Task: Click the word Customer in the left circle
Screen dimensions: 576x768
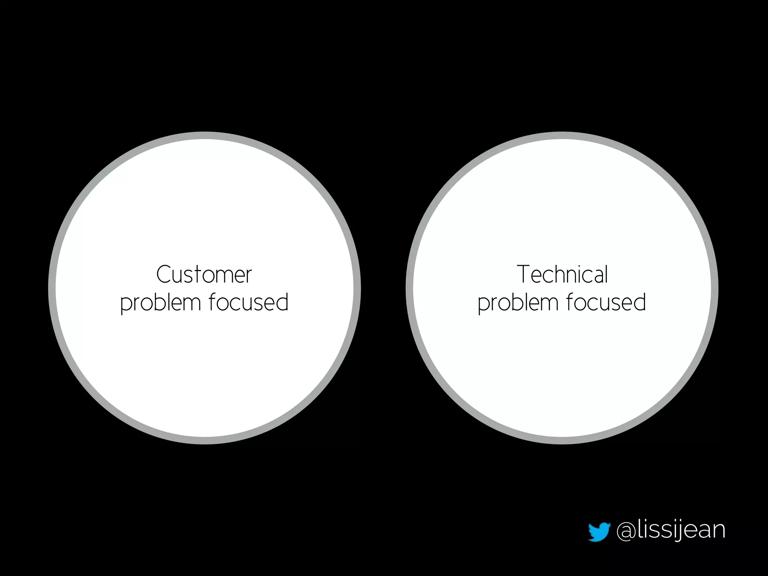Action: tap(204, 274)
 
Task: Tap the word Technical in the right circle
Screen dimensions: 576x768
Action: tap(562, 274)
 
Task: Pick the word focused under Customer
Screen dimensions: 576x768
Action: tap(248, 302)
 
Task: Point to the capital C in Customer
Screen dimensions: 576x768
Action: tap(163, 274)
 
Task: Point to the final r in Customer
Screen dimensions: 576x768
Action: tap(248, 276)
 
